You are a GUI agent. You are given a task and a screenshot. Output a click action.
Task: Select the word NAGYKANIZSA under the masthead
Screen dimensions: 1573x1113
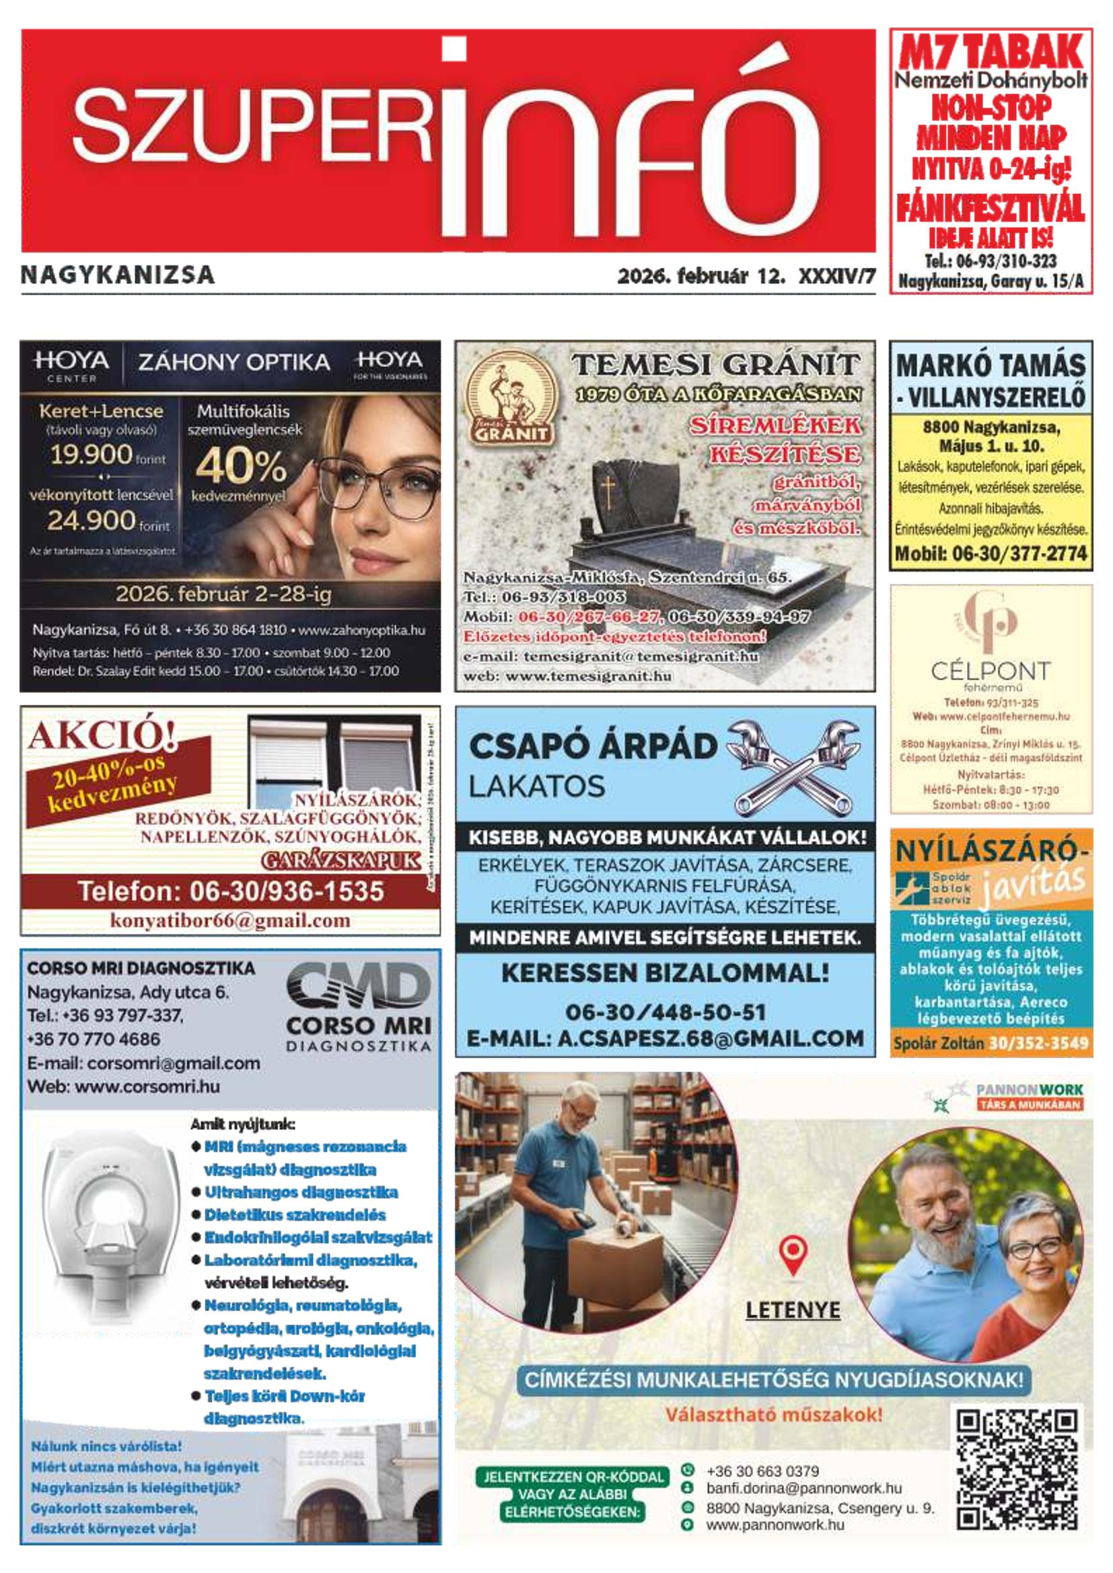pyautogui.click(x=118, y=275)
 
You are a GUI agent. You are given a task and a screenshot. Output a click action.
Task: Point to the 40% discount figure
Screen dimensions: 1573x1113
pyautogui.click(x=240, y=466)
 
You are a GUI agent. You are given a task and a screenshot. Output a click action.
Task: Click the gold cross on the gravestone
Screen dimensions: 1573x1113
pyautogui.click(x=606, y=489)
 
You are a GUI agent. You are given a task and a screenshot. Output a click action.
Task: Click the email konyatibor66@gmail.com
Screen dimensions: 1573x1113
pyautogui.click(x=230, y=921)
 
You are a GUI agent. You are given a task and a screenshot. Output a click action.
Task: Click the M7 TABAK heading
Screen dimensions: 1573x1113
pyautogui.click(x=991, y=52)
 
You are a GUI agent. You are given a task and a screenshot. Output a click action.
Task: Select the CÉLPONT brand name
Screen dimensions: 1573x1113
pyautogui.click(x=991, y=670)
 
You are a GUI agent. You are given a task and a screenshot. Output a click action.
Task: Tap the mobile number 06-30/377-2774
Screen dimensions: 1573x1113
pyautogui.click(x=991, y=554)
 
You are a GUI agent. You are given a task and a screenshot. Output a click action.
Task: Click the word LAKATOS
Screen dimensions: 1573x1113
pyautogui.click(x=536, y=786)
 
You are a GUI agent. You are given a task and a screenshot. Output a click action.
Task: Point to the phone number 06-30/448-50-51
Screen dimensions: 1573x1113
pyautogui.click(x=665, y=1012)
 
